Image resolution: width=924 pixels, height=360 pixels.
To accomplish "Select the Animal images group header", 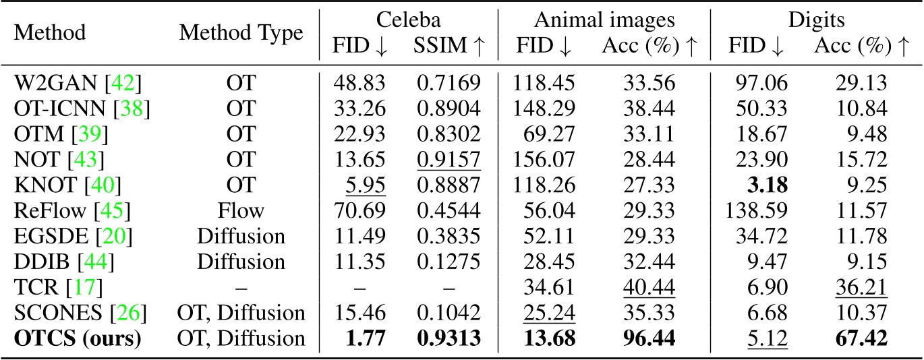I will [604, 16].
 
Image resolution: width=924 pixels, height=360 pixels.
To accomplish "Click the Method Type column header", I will [241, 32].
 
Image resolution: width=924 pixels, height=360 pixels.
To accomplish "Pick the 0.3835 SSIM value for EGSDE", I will [457, 236].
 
